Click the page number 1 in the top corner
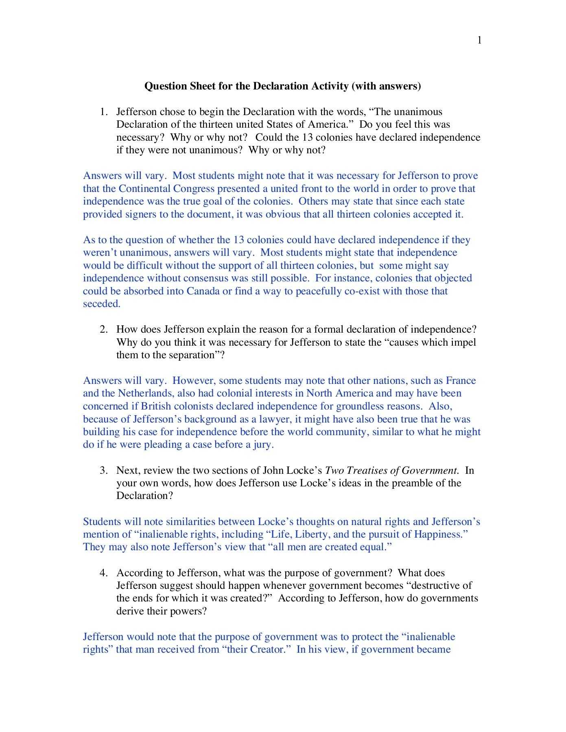(480, 40)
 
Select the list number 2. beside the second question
(104, 329)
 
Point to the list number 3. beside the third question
(104, 471)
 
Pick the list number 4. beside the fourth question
(104, 573)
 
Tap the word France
(461, 381)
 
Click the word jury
(263, 444)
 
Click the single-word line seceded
(101, 304)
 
